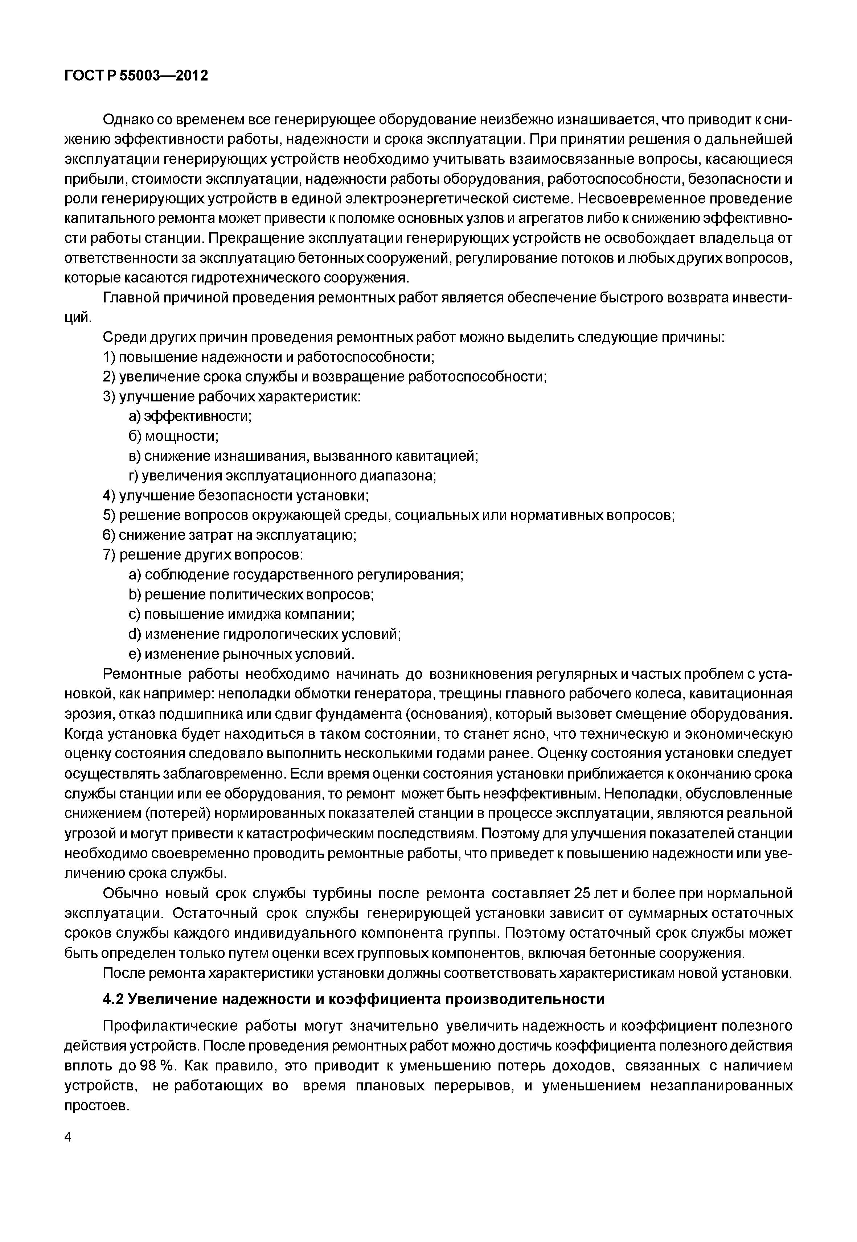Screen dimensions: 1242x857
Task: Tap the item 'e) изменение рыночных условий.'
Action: (242, 654)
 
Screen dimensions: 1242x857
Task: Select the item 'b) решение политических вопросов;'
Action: (251, 595)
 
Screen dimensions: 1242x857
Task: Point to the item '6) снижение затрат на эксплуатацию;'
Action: (230, 535)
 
